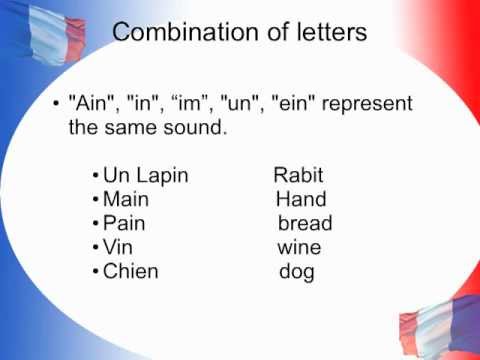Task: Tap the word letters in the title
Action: tap(324, 32)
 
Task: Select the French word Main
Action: tap(126, 200)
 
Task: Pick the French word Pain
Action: tap(124, 223)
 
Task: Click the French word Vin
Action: tap(119, 247)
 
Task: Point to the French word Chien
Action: tap(131, 271)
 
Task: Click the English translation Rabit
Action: tap(299, 177)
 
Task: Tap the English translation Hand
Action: tap(301, 200)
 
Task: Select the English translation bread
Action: tap(305, 223)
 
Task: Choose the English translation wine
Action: tap(300, 247)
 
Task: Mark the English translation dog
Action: tap(296, 272)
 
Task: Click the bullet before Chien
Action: tap(95, 272)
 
